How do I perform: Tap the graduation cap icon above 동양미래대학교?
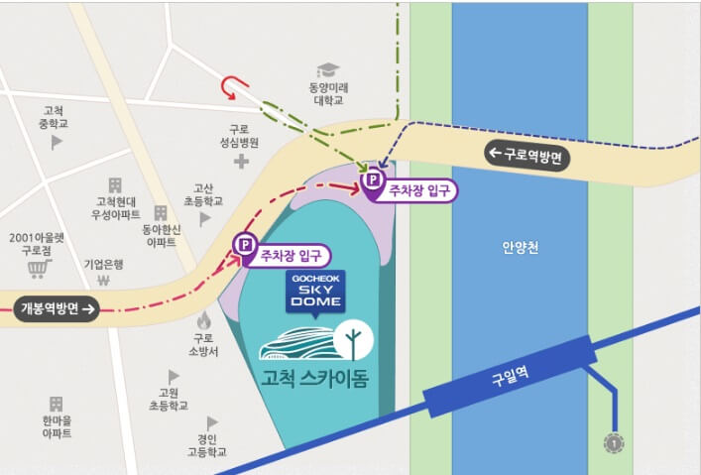tap(326, 71)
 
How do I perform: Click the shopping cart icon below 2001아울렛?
tap(39, 269)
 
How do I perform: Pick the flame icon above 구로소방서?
tap(204, 320)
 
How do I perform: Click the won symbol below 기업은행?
tap(103, 281)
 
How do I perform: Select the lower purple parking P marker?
tap(242, 245)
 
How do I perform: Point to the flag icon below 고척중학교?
tap(57, 143)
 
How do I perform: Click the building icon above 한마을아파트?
tap(56, 405)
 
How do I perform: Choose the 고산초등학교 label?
tap(203, 193)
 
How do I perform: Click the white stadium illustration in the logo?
tap(294, 342)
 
